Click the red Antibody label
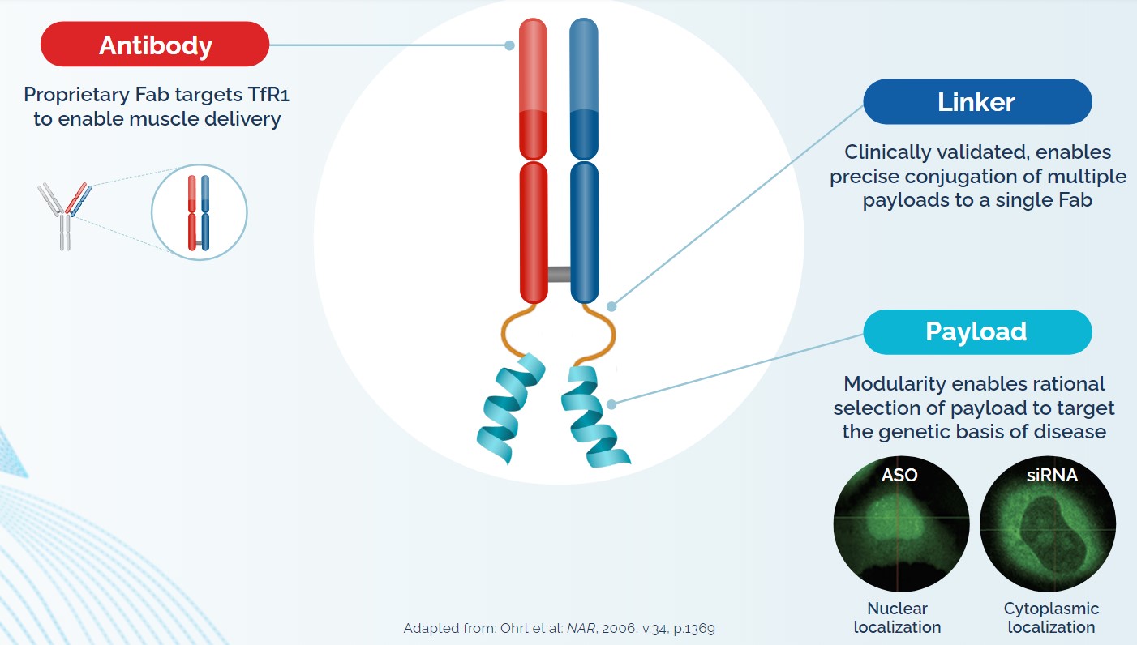tap(155, 45)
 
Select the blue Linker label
tap(976, 101)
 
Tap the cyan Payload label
tap(976, 331)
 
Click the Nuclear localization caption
tap(897, 617)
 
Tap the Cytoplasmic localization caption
tap(1051, 617)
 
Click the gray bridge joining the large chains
tap(559, 274)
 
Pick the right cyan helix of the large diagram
tap(596, 414)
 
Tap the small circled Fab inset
tap(199, 212)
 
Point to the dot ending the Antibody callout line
tap(509, 45)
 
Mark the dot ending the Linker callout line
tap(612, 306)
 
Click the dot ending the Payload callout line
tap(614, 403)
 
